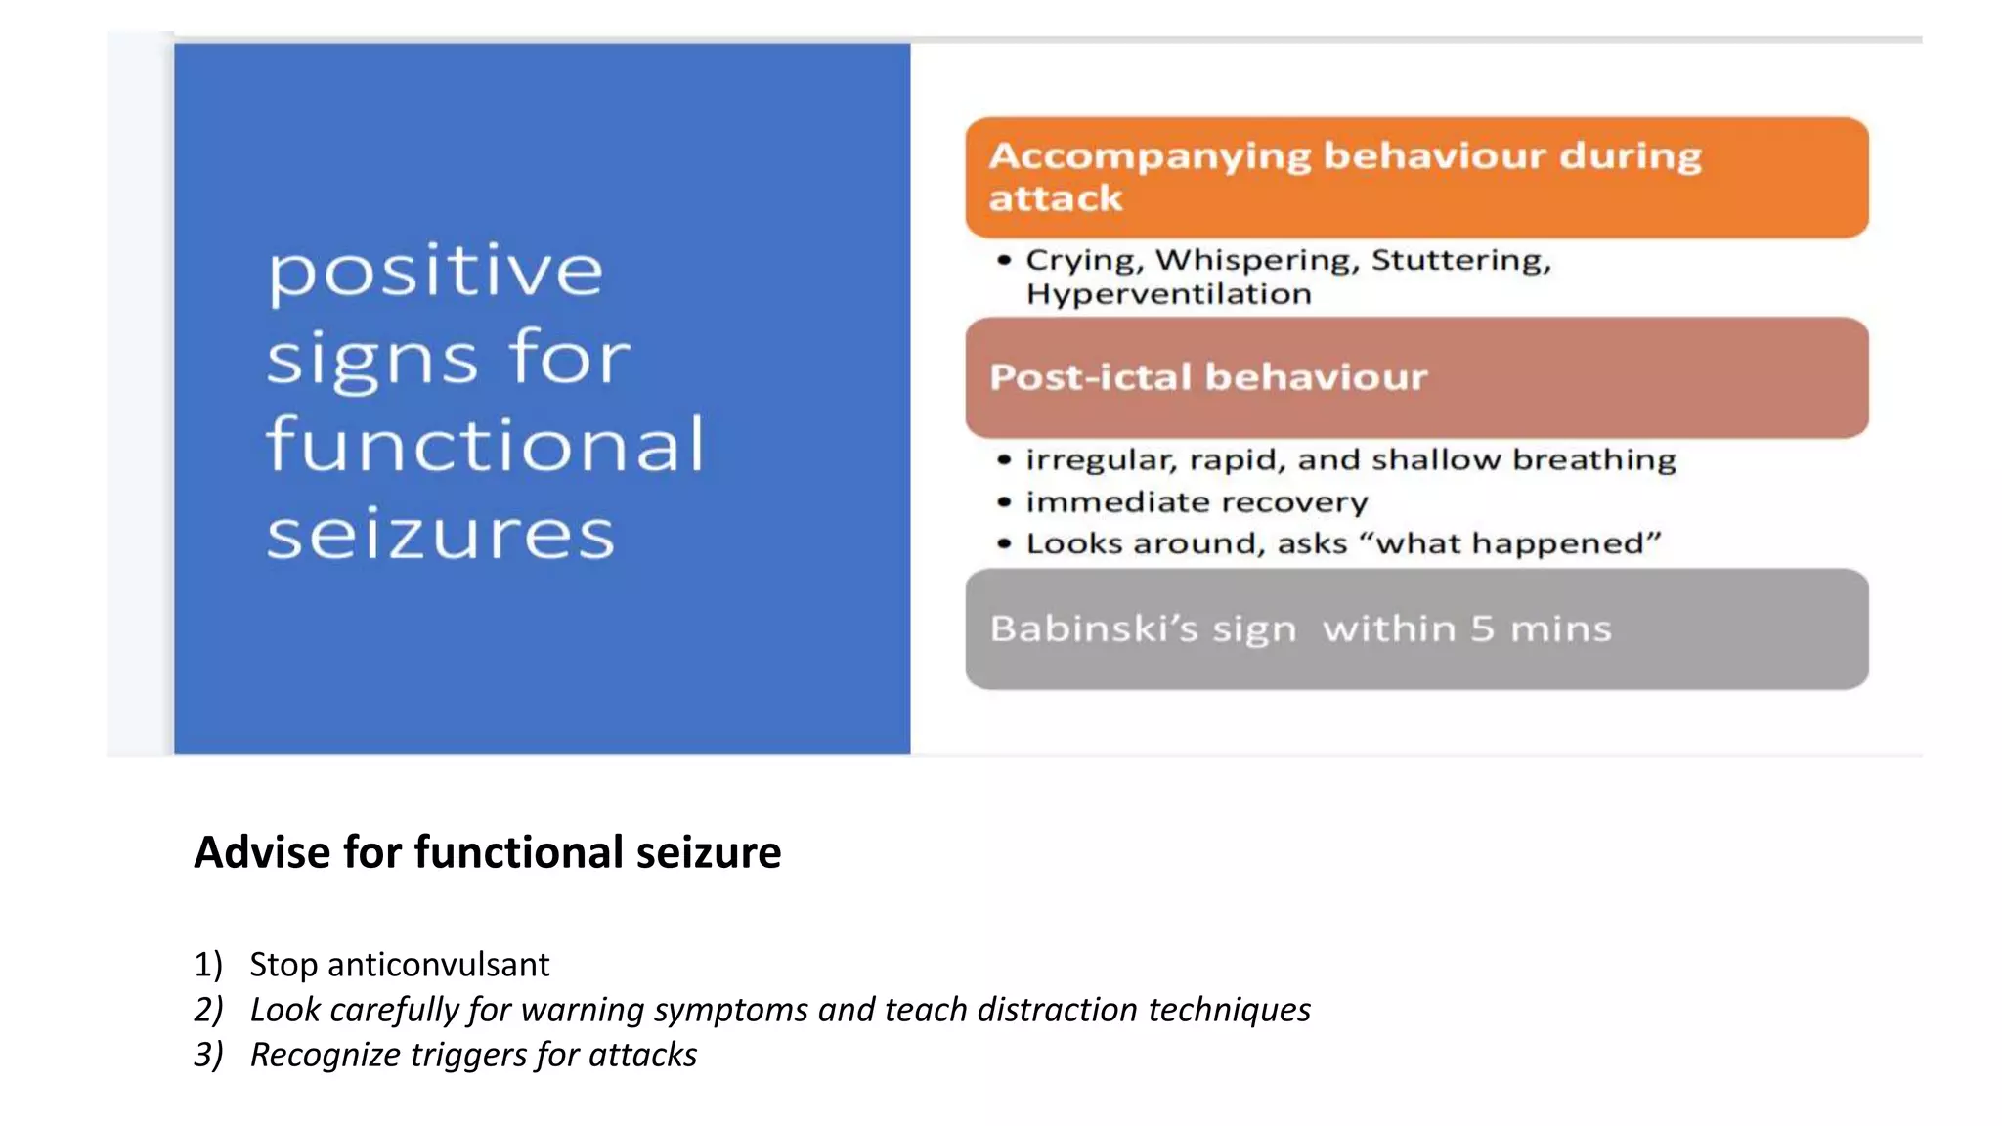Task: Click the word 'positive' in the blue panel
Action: [x=435, y=271]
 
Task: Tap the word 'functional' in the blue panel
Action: [x=485, y=445]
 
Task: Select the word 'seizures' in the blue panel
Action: [x=440, y=535]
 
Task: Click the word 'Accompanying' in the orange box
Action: [x=1150, y=156]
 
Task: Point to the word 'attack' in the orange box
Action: [x=1055, y=199]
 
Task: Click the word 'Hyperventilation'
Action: [x=1168, y=294]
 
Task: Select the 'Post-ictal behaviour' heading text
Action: [x=1208, y=377]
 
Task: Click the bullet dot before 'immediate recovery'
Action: [x=1004, y=502]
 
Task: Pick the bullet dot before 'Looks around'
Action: [x=1004, y=543]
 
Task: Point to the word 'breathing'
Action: [x=1594, y=459]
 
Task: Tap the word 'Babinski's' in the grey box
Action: [x=1093, y=628]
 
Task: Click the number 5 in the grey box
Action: [x=1482, y=628]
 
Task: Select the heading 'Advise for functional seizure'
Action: [x=487, y=852]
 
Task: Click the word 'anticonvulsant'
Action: [x=438, y=965]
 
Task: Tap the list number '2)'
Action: [x=208, y=1010]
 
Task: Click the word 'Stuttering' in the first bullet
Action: [x=1460, y=260]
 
